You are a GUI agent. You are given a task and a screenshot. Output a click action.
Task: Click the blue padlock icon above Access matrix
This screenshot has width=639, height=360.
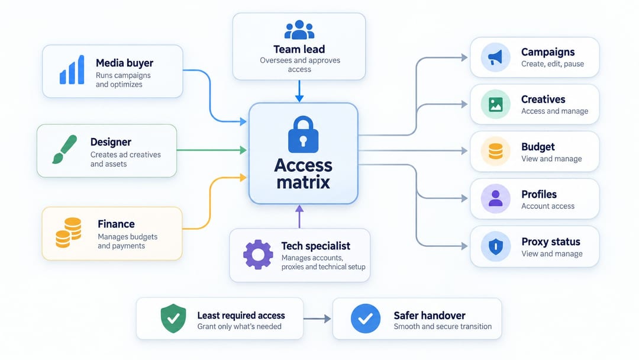(x=303, y=134)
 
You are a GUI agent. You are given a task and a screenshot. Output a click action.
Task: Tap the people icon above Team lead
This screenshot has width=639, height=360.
(x=299, y=30)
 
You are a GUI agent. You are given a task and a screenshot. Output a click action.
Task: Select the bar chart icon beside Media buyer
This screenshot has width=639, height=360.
(x=72, y=70)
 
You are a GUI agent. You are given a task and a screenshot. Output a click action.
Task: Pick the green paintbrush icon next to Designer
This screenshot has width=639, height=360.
(x=64, y=149)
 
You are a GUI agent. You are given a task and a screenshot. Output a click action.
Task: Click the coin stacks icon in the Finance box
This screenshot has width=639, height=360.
(x=69, y=233)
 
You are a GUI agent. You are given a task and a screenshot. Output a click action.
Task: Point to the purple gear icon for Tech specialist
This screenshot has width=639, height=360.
(x=258, y=255)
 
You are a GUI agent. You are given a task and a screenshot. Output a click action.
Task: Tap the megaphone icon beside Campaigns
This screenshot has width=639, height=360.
(x=496, y=57)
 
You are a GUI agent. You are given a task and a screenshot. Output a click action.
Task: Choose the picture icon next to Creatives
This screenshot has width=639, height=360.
(x=496, y=105)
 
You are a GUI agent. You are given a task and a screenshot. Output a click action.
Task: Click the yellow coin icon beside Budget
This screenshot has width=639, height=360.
(x=496, y=151)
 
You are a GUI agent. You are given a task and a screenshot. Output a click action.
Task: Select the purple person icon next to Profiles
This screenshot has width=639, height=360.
(x=496, y=199)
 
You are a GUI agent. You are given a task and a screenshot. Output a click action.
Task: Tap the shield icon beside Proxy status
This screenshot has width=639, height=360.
(x=496, y=246)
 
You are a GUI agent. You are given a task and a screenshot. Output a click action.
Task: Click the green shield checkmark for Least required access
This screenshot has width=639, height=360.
(x=173, y=319)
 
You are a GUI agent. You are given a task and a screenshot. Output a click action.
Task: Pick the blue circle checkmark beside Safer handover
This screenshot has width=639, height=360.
(x=366, y=319)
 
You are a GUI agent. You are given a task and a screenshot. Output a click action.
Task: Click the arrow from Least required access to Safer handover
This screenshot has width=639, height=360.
(x=317, y=319)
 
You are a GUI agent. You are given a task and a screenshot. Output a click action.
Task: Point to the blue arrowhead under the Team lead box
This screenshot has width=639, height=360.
(x=299, y=98)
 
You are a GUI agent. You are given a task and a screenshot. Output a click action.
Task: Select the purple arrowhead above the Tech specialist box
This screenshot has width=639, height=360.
(x=299, y=208)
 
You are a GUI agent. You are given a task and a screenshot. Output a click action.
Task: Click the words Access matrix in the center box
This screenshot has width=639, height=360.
(x=303, y=173)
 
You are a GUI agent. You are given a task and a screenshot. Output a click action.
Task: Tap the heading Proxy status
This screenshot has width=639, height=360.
(x=551, y=242)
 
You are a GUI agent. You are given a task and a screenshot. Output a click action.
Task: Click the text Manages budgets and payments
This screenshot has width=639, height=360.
(x=128, y=242)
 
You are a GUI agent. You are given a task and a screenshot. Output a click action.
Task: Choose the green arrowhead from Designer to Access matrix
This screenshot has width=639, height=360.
(x=243, y=150)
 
